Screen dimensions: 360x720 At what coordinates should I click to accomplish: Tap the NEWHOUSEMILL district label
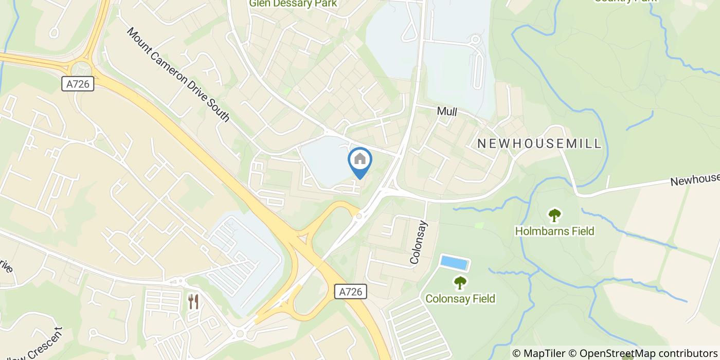[539, 143]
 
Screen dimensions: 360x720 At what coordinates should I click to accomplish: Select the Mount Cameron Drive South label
[178, 75]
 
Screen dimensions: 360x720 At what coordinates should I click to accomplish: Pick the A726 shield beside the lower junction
[351, 292]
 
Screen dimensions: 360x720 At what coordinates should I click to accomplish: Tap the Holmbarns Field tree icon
[554, 215]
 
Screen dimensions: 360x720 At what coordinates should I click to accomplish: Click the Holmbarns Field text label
[554, 231]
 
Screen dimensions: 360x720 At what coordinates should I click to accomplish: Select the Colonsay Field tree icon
[460, 282]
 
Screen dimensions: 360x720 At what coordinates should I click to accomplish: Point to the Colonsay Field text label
[460, 299]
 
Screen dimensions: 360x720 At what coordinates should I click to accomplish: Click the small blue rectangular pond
[454, 263]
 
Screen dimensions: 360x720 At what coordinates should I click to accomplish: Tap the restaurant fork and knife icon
[193, 301]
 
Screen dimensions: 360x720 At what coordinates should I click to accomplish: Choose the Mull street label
[446, 112]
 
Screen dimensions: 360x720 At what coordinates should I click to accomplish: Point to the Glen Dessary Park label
[293, 4]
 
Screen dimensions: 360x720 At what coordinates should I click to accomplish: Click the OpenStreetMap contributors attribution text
[649, 353]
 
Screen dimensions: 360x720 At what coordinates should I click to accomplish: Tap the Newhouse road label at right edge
[694, 179]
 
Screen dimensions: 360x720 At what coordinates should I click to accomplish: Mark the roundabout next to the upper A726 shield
[80, 68]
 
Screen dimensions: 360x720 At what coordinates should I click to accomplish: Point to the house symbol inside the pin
[360, 159]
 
